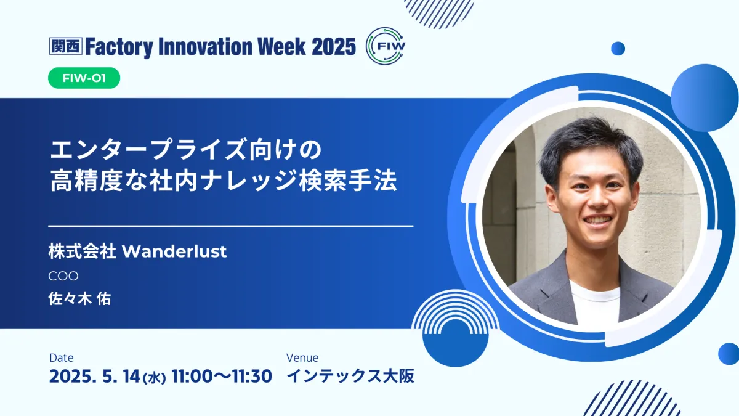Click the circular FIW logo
[386, 46]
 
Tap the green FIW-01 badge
[84, 78]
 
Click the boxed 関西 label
[66, 46]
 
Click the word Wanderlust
[174, 251]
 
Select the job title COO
[63, 276]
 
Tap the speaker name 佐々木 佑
[80, 299]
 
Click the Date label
[62, 357]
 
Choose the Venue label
[302, 357]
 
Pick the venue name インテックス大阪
[350, 376]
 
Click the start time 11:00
[192, 377]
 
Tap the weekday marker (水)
[154, 378]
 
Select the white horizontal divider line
[230, 226]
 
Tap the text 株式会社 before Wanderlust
[82, 251]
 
